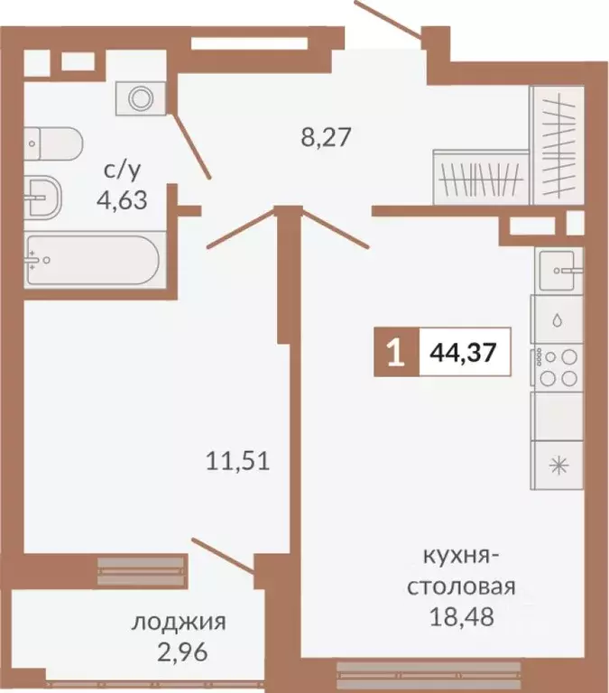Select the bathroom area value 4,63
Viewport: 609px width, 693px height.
[122, 196]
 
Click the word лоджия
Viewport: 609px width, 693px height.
[178, 622]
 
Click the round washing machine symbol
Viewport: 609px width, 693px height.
[140, 97]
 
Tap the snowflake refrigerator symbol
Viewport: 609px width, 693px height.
[559, 466]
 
